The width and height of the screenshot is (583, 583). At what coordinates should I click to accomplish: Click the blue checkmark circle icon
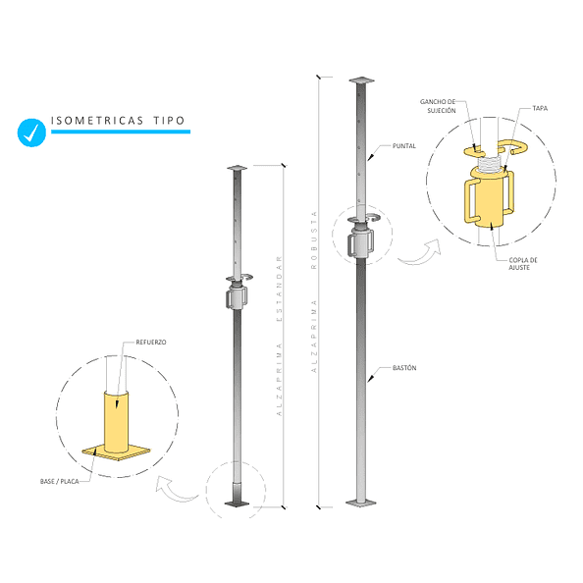click(31, 132)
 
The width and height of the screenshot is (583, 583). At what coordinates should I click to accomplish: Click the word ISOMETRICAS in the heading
click(97, 121)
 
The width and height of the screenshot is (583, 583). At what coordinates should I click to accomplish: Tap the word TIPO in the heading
click(169, 121)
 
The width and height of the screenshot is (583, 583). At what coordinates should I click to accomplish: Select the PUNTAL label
click(404, 146)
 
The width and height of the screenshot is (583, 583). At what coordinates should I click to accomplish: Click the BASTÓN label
click(404, 368)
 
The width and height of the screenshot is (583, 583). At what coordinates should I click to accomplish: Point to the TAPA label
click(540, 108)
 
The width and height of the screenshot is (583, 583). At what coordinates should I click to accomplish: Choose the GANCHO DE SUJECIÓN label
click(438, 106)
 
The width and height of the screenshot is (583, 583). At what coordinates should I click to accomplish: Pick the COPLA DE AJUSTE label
click(523, 264)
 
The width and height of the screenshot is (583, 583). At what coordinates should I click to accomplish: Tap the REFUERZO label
click(151, 343)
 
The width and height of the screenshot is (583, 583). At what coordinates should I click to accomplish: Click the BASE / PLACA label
click(60, 482)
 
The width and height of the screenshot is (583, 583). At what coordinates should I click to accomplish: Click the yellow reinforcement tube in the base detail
click(117, 421)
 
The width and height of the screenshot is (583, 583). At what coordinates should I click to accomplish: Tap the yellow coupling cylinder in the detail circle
click(490, 200)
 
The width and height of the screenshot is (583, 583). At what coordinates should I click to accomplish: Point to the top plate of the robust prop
click(361, 79)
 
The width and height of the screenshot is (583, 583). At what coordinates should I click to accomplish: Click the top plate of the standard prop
click(237, 168)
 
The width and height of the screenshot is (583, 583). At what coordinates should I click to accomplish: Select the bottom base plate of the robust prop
click(360, 503)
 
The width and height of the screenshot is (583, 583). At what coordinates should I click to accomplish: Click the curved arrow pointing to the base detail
click(175, 490)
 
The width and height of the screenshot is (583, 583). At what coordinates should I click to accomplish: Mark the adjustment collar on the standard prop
click(237, 296)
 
